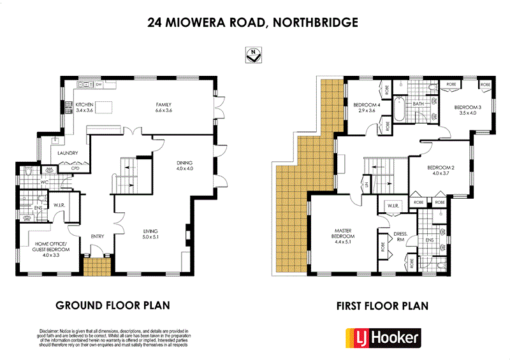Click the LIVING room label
(150, 233)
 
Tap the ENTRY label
(98, 236)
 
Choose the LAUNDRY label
(68, 153)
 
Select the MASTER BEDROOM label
(342, 235)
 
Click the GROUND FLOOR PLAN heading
(113, 305)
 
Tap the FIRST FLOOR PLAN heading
(382, 305)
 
